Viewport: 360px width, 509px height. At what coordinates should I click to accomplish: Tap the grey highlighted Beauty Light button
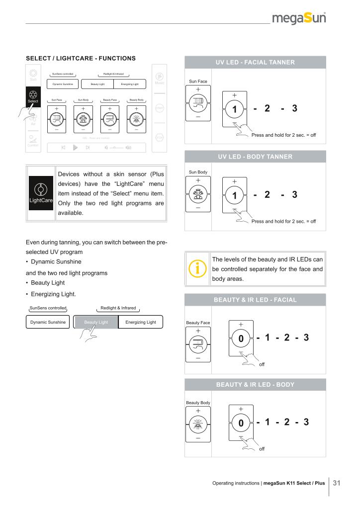click(96, 322)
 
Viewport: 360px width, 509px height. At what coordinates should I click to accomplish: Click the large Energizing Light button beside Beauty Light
click(141, 322)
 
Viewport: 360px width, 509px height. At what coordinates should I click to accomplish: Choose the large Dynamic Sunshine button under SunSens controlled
click(48, 322)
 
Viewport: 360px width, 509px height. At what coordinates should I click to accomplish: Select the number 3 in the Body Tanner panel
click(295, 194)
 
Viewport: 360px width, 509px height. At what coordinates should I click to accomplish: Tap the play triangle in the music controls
click(76, 147)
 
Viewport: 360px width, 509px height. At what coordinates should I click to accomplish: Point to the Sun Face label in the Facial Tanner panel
click(197, 81)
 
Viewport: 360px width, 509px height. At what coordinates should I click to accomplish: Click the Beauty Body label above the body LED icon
click(197, 402)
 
